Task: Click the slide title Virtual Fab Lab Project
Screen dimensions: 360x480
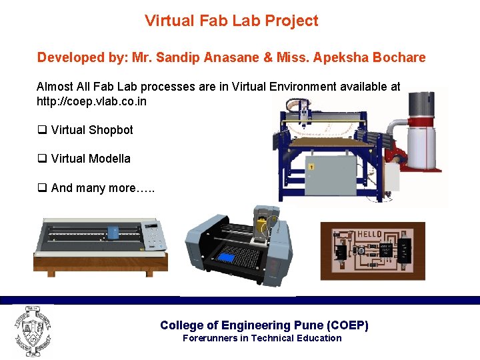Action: point(231,21)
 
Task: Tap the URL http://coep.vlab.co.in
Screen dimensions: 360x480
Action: point(91,102)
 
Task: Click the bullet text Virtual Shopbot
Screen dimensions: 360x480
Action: point(92,130)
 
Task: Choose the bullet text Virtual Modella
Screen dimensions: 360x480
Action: point(91,159)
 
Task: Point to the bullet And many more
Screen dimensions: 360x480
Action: point(103,188)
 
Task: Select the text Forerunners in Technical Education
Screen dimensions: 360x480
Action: point(262,338)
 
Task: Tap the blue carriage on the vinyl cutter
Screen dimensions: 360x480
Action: point(114,232)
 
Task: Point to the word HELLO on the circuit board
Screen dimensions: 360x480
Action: point(369,234)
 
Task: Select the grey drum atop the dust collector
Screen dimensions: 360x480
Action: point(421,105)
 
